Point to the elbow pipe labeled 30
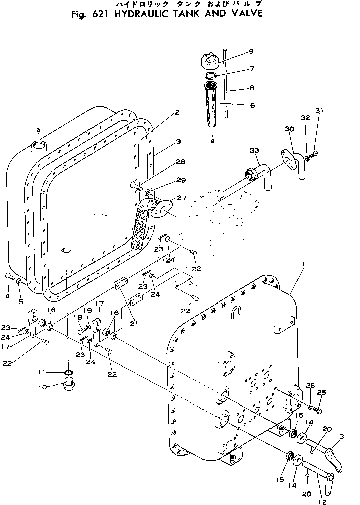pyautogui.click(x=295, y=166)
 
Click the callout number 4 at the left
pyautogui.click(x=8, y=296)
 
